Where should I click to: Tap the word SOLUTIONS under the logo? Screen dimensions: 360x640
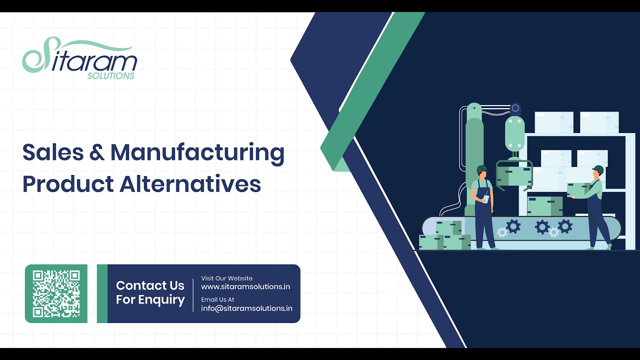(x=110, y=76)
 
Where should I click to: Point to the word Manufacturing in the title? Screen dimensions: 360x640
(x=197, y=153)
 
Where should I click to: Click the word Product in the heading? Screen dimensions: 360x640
(x=67, y=184)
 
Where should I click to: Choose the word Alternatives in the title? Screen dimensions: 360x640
(x=190, y=184)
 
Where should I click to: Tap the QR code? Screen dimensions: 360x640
(x=56, y=293)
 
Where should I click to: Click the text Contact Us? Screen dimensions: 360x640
(x=150, y=286)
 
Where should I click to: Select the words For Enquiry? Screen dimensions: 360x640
(x=150, y=300)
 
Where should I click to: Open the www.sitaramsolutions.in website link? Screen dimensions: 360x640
(x=245, y=287)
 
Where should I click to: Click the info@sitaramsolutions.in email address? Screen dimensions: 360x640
(x=246, y=308)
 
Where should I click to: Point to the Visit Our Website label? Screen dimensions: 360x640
(x=226, y=278)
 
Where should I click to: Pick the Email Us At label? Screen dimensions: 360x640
(x=217, y=299)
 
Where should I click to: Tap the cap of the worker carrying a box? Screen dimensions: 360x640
(x=598, y=169)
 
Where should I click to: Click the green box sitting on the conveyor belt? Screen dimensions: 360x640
(x=544, y=205)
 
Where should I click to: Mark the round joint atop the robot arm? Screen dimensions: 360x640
(x=515, y=108)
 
